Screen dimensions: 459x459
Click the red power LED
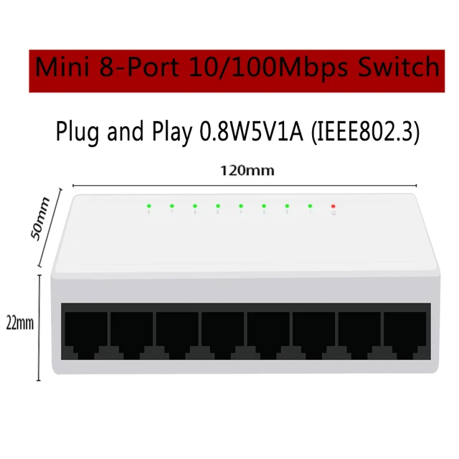click(x=333, y=206)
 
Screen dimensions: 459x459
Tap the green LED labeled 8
click(x=148, y=206)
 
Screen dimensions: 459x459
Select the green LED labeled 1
click(x=310, y=206)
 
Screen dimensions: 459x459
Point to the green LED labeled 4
click(x=241, y=206)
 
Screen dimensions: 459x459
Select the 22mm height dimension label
click(x=21, y=323)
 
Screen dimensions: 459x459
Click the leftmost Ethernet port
click(x=85, y=334)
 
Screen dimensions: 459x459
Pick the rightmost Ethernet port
click(x=405, y=334)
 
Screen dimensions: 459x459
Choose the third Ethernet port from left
click(x=177, y=334)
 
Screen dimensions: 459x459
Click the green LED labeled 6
click(x=194, y=206)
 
